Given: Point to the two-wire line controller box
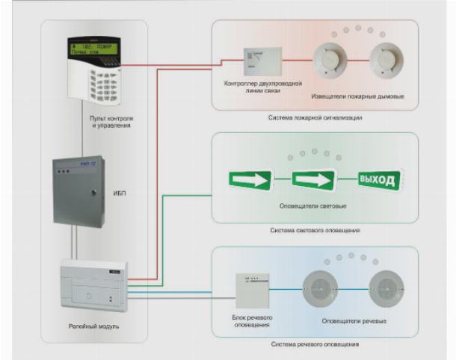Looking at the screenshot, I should coord(259,60).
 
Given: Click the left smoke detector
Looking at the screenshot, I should coord(328,62).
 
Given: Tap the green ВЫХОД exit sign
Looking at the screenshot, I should coord(380,179).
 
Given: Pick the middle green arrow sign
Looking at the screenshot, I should coord(312,180).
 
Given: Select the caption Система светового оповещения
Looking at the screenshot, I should coord(315,230).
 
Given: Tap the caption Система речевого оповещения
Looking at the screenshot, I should coord(314,344).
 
